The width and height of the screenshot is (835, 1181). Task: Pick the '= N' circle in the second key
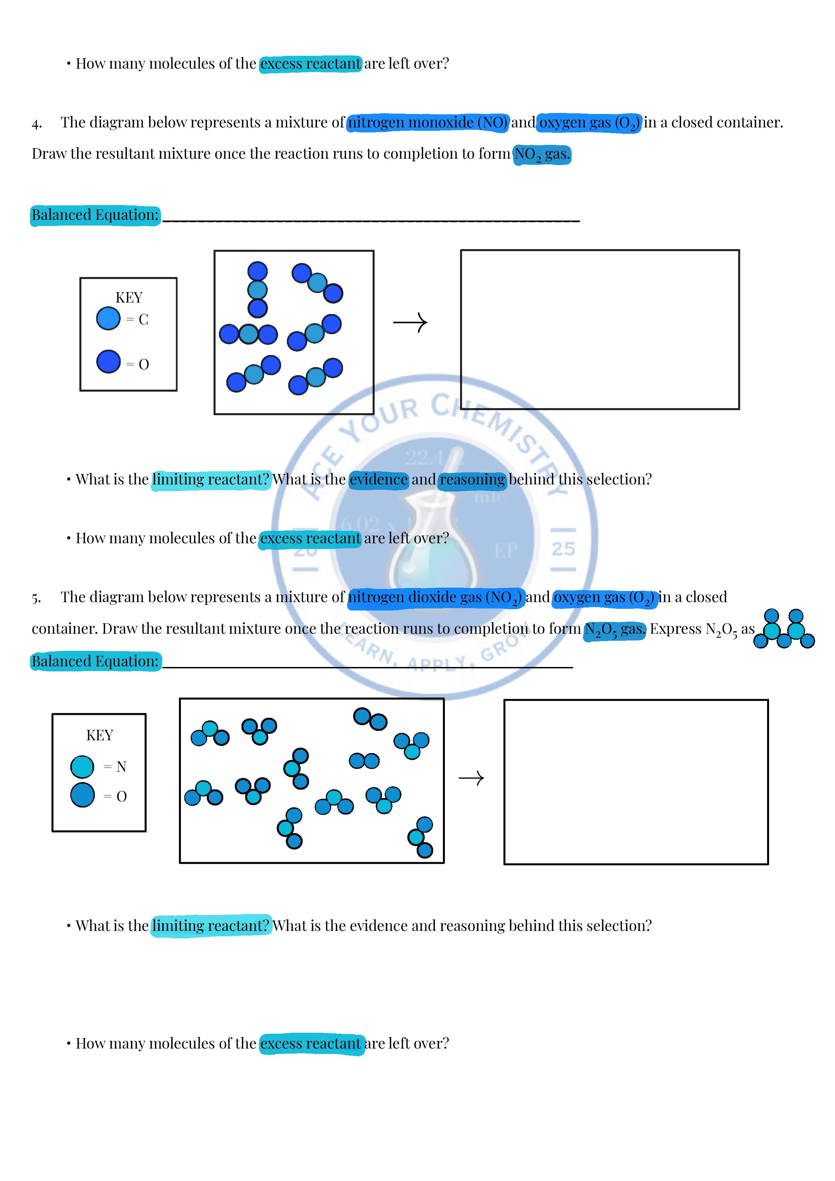click(x=82, y=766)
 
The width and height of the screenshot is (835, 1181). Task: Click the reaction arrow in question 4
click(x=410, y=322)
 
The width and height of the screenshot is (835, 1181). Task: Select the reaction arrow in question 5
click(x=471, y=778)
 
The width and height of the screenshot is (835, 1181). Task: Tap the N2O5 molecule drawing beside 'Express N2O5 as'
click(x=784, y=629)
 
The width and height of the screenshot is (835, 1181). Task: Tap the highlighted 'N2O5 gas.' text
click(x=614, y=630)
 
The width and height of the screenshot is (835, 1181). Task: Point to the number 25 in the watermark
click(x=563, y=549)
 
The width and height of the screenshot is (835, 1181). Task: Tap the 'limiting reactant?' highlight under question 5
click(x=211, y=926)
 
